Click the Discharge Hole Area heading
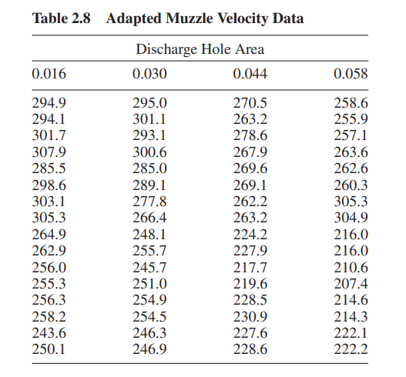tap(200, 50)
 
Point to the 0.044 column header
tap(250, 75)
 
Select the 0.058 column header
tap(351, 75)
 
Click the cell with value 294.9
tap(49, 102)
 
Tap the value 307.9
tap(49, 152)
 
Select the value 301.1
tap(149, 118)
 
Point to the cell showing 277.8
tap(149, 201)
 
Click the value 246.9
tap(149, 350)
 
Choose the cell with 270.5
tap(250, 102)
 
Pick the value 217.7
tap(250, 267)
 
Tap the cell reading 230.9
tap(250, 317)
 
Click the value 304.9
tap(351, 218)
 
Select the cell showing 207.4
tap(351, 284)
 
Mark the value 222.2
tap(351, 350)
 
